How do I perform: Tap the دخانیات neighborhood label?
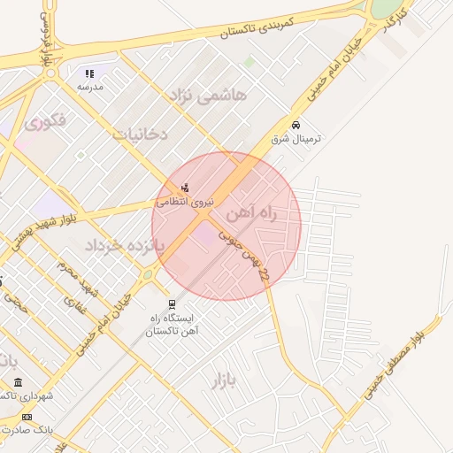point(141,134)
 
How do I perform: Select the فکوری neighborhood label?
point(45,121)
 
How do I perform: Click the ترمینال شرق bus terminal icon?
point(296,125)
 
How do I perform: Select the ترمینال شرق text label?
point(301,140)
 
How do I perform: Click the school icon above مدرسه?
point(89,73)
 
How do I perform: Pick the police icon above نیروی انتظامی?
point(185,187)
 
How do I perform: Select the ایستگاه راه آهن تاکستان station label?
point(173,324)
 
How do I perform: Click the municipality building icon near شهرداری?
point(19,382)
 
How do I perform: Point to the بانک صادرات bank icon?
point(27,417)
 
